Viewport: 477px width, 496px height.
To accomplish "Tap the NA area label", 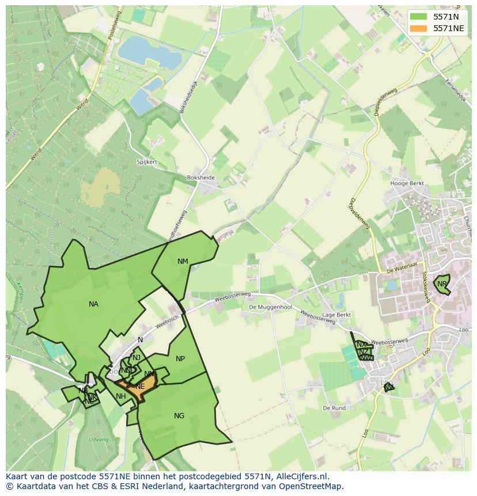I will (93, 304).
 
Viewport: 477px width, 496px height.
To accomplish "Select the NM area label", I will (183, 262).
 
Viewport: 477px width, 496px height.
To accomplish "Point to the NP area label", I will (180, 359).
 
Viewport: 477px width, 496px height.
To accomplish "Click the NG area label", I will (179, 416).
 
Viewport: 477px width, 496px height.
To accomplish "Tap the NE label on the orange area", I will (140, 387).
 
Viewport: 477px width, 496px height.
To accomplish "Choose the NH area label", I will (121, 396).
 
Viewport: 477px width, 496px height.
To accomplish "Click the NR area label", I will (442, 284).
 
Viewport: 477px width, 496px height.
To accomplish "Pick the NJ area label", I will (137, 358).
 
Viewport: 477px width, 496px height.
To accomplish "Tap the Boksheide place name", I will (200, 178).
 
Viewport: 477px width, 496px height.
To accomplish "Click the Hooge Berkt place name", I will (407, 184).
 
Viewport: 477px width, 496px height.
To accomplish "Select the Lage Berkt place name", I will (336, 315).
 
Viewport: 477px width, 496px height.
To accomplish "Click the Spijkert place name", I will (147, 162).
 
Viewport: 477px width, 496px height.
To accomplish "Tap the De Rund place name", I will (334, 408).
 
